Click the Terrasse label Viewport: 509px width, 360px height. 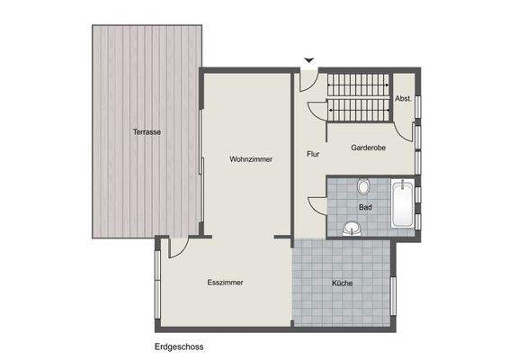pos(147,132)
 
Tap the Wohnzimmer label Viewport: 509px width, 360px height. pos(251,158)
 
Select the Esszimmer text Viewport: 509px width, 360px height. pos(225,282)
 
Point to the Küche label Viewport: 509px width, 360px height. pos(342,283)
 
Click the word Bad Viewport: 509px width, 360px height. pos(365,207)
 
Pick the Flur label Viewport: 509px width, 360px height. pos(313,154)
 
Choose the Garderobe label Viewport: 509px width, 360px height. pos(368,148)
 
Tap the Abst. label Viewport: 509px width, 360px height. pos(404,98)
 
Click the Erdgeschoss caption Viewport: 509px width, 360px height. pos(178,346)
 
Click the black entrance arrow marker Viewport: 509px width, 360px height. pos(309,61)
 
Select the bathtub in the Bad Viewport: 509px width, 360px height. pos(403,204)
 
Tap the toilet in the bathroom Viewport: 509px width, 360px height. pos(363,187)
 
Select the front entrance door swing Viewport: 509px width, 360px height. pos(305,79)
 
